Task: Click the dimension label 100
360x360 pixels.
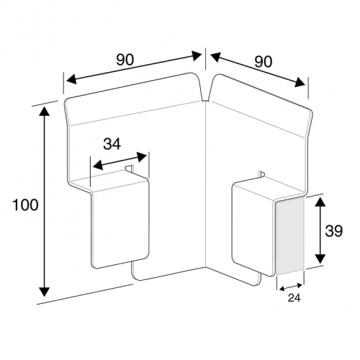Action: point(25,205)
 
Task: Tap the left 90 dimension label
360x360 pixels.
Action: point(125,60)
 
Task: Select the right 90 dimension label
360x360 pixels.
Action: point(264,62)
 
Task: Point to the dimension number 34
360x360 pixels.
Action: point(112,144)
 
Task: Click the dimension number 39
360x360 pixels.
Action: point(334,231)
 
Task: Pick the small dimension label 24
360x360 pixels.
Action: point(294,298)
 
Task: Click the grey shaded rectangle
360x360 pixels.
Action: point(290,236)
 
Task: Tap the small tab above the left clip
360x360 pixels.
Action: point(129,168)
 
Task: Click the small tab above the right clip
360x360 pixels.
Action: point(261,174)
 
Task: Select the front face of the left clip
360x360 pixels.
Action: point(120,225)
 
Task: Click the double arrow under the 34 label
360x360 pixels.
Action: point(120,161)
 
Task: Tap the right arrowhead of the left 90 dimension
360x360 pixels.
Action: point(196,56)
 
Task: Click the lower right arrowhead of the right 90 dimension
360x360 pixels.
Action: point(300,82)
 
